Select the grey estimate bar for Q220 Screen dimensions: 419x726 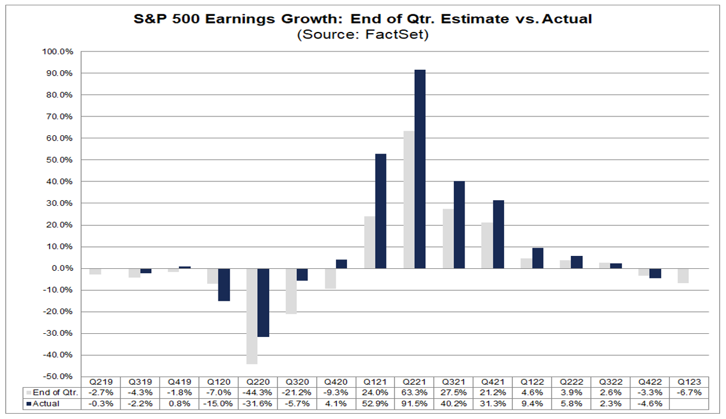(x=252, y=316)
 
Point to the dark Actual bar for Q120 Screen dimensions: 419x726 (x=224, y=285)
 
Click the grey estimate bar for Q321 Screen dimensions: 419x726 (x=447, y=239)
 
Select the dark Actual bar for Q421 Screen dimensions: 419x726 (x=498, y=235)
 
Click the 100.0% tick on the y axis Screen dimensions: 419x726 (x=58, y=51)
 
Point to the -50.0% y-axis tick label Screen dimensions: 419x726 (x=58, y=376)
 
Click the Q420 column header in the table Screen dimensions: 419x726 (x=336, y=382)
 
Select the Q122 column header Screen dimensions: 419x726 (x=532, y=382)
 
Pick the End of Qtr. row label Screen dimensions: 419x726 (x=53, y=392)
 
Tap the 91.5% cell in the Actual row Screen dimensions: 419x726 (x=414, y=403)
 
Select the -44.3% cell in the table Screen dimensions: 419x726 (x=258, y=392)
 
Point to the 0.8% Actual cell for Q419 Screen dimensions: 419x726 (x=179, y=403)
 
